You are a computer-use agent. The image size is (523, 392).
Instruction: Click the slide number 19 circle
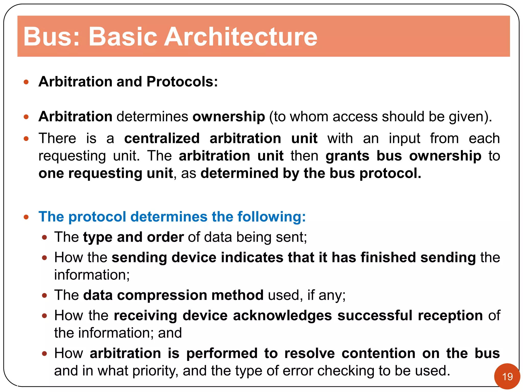[x=507, y=376]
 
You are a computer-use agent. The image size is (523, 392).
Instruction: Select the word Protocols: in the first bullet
[x=182, y=82]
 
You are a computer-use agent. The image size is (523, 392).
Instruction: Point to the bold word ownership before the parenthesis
[x=229, y=117]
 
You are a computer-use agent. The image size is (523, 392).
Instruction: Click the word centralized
[x=162, y=139]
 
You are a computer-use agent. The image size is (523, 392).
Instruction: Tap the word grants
[x=347, y=156]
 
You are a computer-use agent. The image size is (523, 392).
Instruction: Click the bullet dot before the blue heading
[x=26, y=217]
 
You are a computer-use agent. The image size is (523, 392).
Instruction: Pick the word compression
[x=162, y=295]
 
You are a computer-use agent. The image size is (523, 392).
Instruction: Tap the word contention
[x=378, y=353]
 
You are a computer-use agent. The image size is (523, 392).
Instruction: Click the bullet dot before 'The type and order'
[x=45, y=238]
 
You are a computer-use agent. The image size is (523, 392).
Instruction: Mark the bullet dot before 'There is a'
[x=26, y=139]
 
